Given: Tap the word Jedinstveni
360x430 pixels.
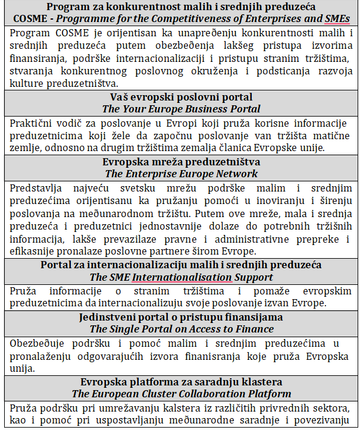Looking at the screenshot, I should pyautogui.click(x=107, y=317).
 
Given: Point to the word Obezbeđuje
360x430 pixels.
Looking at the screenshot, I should pyautogui.click(x=39, y=343).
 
